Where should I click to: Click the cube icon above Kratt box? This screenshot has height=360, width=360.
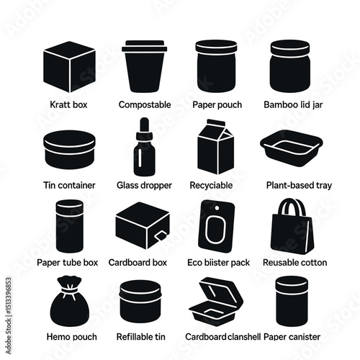pos(69,67)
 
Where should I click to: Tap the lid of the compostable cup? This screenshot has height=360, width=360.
pos(144,46)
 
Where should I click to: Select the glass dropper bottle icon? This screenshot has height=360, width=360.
pos(144,147)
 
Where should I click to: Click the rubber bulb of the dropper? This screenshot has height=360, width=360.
pos(144,125)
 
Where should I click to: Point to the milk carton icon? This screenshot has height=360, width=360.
pos(215,147)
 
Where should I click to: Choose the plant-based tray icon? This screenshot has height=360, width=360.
pos(292,148)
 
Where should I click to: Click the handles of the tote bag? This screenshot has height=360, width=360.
pos(291,207)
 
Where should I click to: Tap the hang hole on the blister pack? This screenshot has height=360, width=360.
pos(217,208)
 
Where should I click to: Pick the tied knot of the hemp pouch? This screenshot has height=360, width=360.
pos(70,290)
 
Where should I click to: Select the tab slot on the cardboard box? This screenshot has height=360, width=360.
pos(161,235)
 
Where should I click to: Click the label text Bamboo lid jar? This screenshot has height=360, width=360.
pos(293,105)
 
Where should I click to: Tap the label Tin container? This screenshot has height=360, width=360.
pos(69,185)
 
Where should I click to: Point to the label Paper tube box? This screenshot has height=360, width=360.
pos(68,263)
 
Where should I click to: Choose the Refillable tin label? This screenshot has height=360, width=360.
pos(141,337)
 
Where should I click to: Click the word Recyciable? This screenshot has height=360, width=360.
pos(211,185)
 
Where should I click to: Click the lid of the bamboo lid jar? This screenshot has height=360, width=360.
pos(290,49)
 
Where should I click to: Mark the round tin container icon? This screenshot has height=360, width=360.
pos(69,150)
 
